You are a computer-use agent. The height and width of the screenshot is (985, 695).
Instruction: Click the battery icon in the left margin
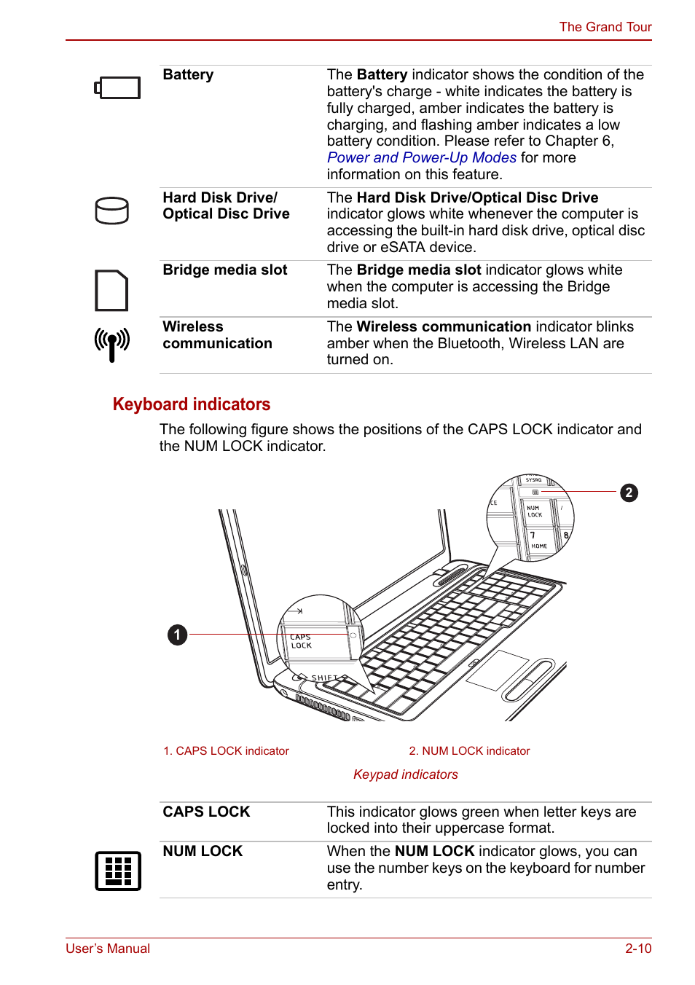point(117,88)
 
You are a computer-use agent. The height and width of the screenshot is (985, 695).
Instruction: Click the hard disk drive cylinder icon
point(112,211)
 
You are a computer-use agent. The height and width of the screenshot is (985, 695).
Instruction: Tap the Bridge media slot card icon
point(111,291)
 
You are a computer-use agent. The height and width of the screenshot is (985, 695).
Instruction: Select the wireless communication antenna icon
point(112,344)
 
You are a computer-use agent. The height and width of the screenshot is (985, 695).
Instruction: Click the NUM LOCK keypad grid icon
point(117,871)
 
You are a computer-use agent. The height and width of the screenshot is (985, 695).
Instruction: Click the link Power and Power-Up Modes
point(421,158)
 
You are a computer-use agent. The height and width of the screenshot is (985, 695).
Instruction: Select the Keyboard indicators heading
point(191,404)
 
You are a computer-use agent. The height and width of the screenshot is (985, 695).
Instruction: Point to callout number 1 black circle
point(177,635)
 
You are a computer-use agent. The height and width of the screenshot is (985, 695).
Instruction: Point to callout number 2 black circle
point(629,493)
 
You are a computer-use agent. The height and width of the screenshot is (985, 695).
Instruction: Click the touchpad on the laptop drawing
point(497,670)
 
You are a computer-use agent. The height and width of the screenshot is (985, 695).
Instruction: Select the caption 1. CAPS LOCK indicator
point(226,751)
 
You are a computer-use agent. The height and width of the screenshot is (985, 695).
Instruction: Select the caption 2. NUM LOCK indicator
point(469,751)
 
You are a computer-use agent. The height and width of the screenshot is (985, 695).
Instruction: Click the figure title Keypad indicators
point(405,774)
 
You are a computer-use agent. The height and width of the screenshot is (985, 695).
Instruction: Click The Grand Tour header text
point(605,27)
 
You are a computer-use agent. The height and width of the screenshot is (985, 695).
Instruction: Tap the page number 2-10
point(637,949)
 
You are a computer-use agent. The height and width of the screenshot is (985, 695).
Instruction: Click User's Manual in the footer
point(108,949)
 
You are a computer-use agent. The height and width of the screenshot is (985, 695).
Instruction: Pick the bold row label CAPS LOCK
point(206,812)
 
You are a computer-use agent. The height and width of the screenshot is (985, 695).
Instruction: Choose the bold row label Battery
point(188,75)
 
